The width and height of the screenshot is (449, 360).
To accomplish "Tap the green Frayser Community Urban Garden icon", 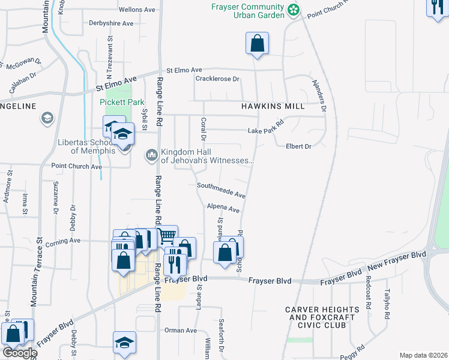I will [x=293, y=10].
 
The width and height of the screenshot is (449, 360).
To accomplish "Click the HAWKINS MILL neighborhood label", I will [x=273, y=106].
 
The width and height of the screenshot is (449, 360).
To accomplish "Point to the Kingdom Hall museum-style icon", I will [x=151, y=156].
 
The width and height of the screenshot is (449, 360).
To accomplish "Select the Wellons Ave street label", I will [x=137, y=10].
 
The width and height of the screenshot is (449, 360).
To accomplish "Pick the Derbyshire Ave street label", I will [x=110, y=23].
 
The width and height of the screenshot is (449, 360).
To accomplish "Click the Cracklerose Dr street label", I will [x=217, y=79].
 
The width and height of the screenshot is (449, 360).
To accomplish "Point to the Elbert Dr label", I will [x=298, y=146].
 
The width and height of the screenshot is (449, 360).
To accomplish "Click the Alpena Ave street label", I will [x=223, y=208].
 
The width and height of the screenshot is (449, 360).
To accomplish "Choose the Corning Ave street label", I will [x=66, y=240].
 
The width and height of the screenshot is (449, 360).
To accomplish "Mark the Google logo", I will [x=19, y=352].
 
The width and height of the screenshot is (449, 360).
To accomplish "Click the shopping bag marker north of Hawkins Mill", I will [x=257, y=44].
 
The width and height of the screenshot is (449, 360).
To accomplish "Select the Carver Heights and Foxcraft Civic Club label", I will [x=322, y=317].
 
